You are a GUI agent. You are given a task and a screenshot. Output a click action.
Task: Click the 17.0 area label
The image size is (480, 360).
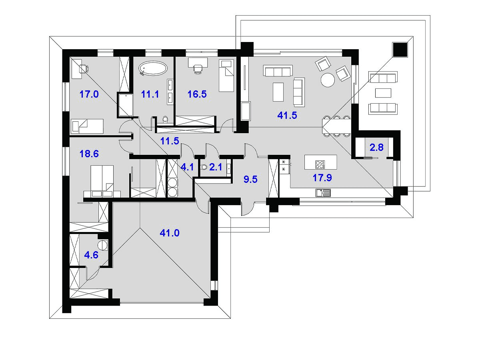tap(89, 94)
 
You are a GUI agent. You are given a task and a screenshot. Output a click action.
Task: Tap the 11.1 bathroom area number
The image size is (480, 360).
tap(150, 94)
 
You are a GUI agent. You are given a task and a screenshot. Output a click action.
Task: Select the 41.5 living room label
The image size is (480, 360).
tap(287, 115)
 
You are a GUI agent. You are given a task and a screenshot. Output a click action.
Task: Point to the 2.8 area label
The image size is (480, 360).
tap(376, 147)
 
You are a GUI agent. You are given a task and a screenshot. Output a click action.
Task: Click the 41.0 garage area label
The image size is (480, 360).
tap(170, 233)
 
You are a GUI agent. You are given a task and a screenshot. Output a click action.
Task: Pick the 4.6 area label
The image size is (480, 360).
tap(91, 255)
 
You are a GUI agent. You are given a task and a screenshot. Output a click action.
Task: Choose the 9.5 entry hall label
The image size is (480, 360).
tap(250, 179)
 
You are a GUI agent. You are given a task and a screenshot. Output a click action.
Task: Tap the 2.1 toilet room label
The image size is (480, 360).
tap(216, 167)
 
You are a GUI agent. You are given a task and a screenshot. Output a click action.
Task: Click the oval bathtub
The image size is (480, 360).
tap(153, 68)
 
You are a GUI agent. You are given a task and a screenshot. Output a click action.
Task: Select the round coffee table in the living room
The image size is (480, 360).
tap(328, 80)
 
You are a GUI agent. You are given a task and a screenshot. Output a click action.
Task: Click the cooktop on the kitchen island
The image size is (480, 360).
tap(320, 164)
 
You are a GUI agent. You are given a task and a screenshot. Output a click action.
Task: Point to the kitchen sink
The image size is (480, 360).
tap(323, 193)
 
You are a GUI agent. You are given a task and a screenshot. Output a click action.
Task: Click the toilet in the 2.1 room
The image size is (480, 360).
tap(204, 167)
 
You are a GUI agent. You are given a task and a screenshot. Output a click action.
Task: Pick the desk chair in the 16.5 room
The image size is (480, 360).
tap(198, 69)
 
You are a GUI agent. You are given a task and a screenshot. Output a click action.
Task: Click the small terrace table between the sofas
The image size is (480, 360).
tap(383, 93)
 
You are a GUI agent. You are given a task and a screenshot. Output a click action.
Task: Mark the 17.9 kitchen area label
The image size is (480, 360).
tap(322, 178)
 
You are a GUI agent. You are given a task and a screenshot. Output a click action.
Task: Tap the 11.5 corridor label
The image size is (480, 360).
tap(170, 141)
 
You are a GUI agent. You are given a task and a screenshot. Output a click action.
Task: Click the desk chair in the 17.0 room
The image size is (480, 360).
tap(84, 69)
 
